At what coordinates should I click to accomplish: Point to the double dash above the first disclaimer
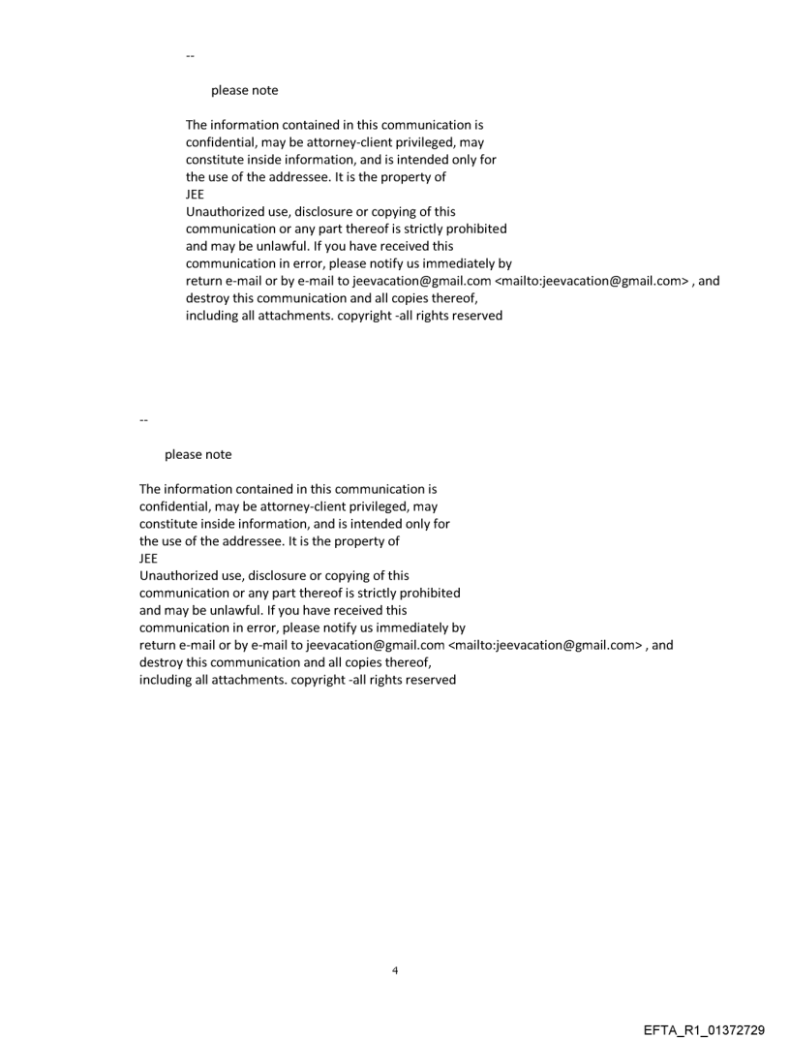(x=190, y=56)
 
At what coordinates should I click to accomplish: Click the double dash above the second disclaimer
(x=143, y=420)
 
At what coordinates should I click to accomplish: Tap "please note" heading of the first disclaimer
(x=244, y=90)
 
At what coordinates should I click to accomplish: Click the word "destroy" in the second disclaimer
(x=162, y=662)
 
